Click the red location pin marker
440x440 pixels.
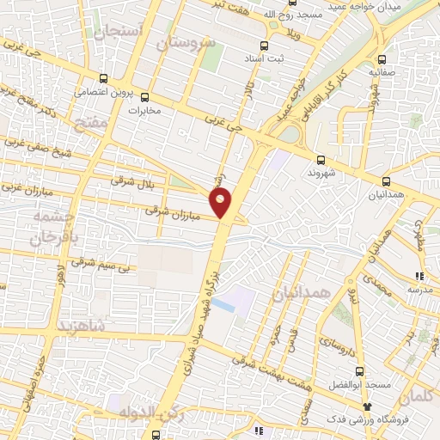[x=222, y=203]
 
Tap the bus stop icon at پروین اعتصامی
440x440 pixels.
[x=103, y=76]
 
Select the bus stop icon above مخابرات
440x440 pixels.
[x=144, y=96]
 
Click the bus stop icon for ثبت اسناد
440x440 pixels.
[x=264, y=46]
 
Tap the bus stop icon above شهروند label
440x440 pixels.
[x=321, y=159]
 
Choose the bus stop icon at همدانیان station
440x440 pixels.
[x=385, y=181]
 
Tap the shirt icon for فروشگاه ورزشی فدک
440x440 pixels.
[x=368, y=406]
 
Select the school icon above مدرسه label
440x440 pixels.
[x=419, y=276]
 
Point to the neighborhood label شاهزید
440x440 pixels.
[x=82, y=327]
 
